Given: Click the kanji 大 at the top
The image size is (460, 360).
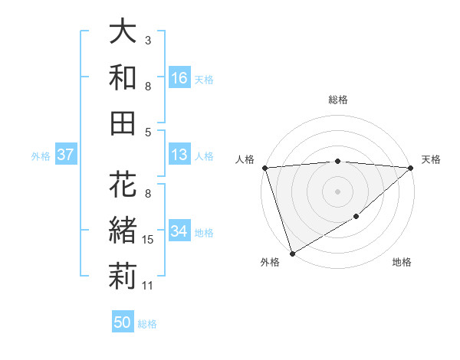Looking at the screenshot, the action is (x=123, y=32).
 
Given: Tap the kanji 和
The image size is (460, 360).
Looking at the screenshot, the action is (x=123, y=77).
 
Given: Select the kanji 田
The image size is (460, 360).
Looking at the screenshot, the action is (x=123, y=123).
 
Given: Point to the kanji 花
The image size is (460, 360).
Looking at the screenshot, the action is (x=123, y=186).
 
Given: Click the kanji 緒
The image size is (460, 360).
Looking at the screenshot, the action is (x=123, y=231).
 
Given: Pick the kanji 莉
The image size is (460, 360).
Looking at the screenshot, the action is (x=123, y=277).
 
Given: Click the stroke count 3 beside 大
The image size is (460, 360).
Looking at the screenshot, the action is (x=147, y=40).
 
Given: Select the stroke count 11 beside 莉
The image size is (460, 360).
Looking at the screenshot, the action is (x=149, y=286).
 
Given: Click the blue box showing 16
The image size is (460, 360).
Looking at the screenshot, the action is (x=179, y=78).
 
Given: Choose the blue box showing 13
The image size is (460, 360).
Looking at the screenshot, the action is (x=179, y=155).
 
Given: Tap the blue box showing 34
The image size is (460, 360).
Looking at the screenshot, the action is (x=179, y=232).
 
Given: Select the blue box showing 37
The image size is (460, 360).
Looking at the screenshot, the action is (x=66, y=155).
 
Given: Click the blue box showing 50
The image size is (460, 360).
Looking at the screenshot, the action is (x=123, y=322).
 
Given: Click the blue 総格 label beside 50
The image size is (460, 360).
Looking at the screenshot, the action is (x=147, y=324).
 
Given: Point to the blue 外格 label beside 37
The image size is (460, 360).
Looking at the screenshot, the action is (x=41, y=156).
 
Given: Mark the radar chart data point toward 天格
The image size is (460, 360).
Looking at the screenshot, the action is (x=412, y=168).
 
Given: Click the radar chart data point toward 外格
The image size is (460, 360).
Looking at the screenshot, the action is (x=291, y=253).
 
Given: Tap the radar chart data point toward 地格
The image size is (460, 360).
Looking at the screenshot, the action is (x=356, y=218).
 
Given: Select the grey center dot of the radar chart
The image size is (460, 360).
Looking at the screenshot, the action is (x=337, y=191).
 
